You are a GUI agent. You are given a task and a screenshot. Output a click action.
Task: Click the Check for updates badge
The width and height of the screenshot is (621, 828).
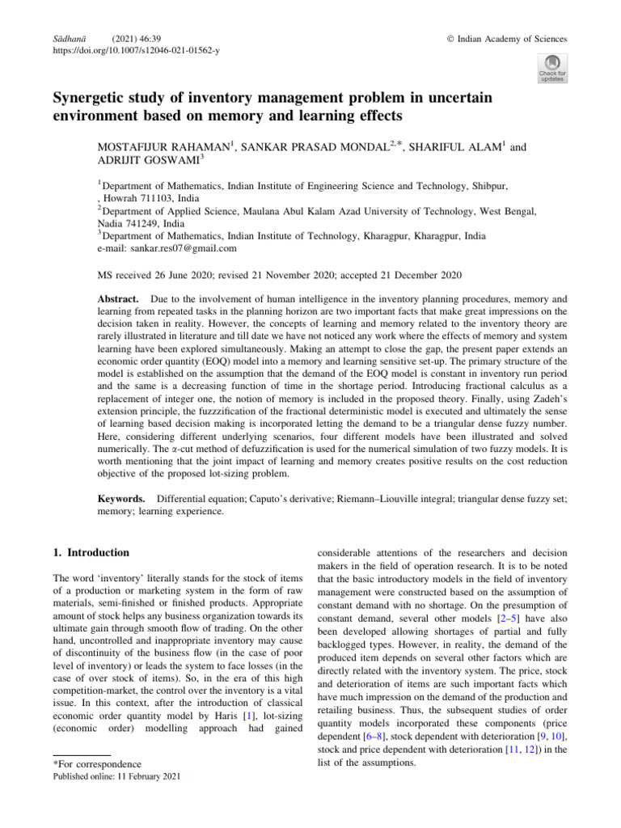551,68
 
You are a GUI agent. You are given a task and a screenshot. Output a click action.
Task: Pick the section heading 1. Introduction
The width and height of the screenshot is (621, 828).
90,552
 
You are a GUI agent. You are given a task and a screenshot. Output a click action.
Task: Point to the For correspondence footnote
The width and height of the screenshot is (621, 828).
96,764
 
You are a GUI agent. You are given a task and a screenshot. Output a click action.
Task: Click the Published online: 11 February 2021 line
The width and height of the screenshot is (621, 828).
115,778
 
